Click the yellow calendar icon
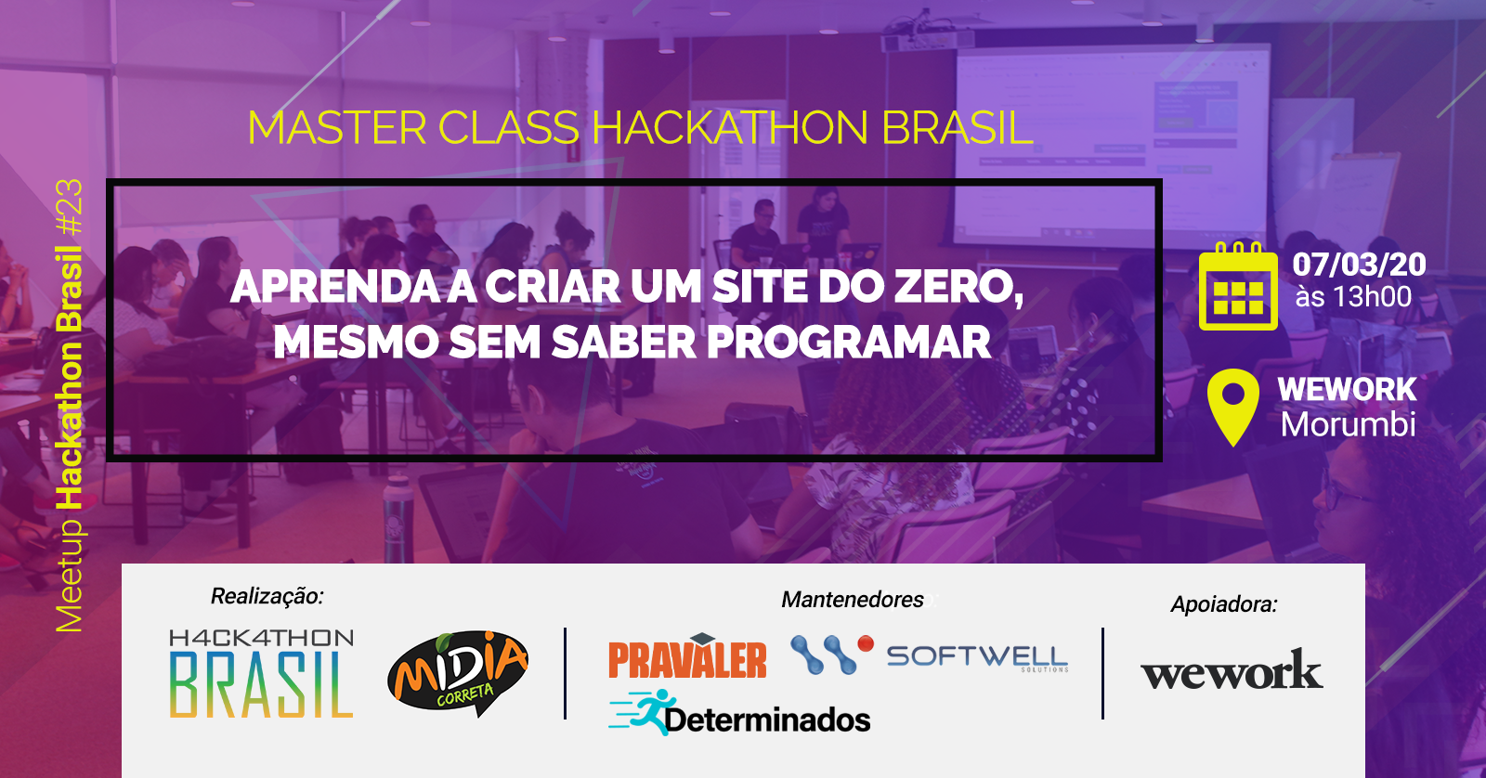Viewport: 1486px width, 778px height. click(x=1238, y=286)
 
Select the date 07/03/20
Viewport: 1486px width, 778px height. click(x=1359, y=265)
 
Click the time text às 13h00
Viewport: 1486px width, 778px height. click(x=1353, y=297)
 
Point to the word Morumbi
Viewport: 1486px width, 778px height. click(x=1348, y=424)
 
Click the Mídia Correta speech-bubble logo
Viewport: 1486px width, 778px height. click(x=458, y=673)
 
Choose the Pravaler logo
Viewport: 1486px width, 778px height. click(x=687, y=656)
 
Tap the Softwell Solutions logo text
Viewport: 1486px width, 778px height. click(x=977, y=657)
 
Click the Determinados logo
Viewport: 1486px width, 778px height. click(x=739, y=713)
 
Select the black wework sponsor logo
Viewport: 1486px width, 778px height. click(x=1232, y=670)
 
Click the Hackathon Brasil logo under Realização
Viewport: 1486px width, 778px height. click(x=261, y=673)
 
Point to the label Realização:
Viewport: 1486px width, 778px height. click(x=267, y=596)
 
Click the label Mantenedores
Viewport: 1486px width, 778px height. click(x=853, y=600)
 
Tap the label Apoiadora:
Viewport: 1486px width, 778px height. click(x=1224, y=604)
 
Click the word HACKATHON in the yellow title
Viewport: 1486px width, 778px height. click(x=730, y=127)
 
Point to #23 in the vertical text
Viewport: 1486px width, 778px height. click(x=69, y=206)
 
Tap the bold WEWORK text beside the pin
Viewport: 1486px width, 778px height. click(x=1347, y=389)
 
